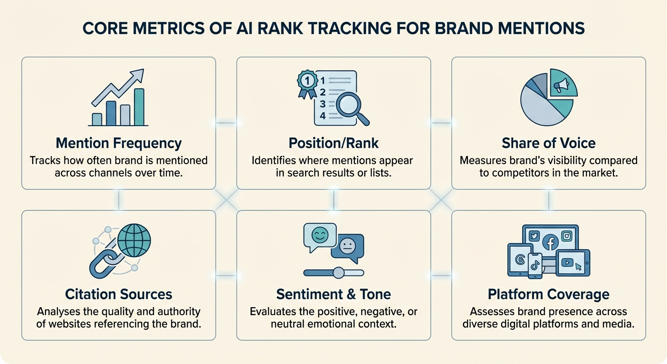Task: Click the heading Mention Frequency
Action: coord(118,143)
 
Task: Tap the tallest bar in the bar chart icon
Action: coord(139,107)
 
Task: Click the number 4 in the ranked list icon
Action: coord(323,116)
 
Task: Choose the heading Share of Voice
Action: coord(549,143)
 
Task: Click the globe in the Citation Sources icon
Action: coord(133,240)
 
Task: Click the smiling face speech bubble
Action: coord(319,236)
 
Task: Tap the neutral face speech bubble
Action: coord(347,246)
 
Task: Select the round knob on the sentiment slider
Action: coord(338,273)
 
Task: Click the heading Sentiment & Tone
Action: coord(333,294)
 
